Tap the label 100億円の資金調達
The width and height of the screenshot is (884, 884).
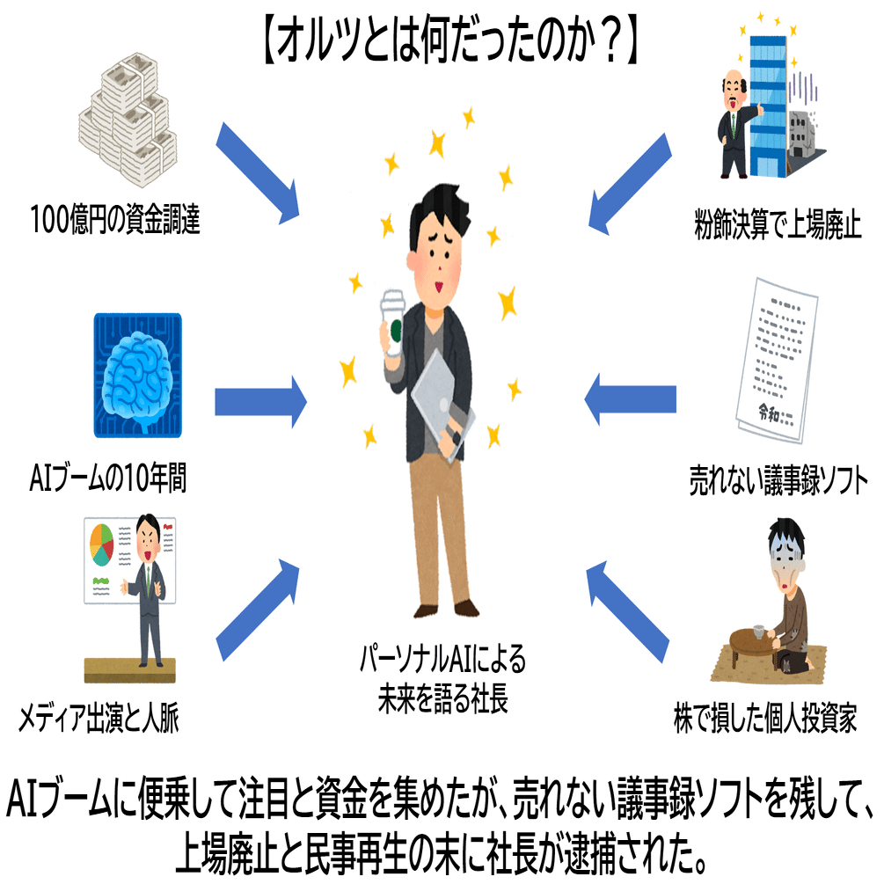tap(114, 220)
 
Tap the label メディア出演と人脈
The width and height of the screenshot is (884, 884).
tap(110, 720)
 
